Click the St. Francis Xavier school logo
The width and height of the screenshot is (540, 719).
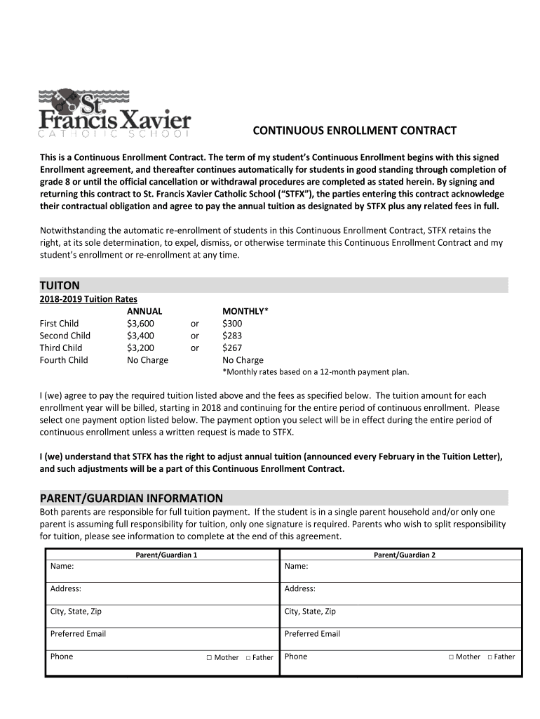coord(114,112)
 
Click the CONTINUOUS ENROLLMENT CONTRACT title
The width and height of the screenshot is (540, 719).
coord(354,131)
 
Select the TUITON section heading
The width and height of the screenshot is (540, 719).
coord(60,286)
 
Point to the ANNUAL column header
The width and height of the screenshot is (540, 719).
coord(144,311)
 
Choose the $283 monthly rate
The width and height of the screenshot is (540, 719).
coord(231,336)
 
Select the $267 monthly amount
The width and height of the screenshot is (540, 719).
coord(231,348)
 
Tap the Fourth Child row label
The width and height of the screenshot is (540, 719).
coord(64,360)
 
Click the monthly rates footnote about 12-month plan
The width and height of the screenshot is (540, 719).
coord(315,372)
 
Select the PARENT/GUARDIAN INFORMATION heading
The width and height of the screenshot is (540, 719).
coord(131,498)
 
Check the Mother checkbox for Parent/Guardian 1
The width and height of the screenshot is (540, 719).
coord(210,658)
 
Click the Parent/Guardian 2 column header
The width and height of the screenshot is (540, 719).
coord(405,555)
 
